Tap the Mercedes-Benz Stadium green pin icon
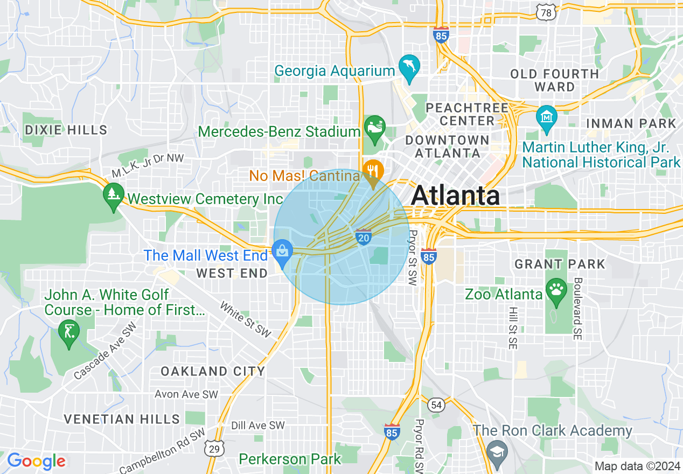(374, 127)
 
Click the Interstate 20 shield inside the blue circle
(364, 236)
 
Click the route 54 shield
(436, 403)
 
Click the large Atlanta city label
(455, 196)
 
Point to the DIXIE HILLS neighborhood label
(66, 130)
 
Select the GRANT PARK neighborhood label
(560, 264)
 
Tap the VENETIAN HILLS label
(122, 419)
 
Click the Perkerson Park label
(290, 459)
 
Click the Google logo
(36, 461)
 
